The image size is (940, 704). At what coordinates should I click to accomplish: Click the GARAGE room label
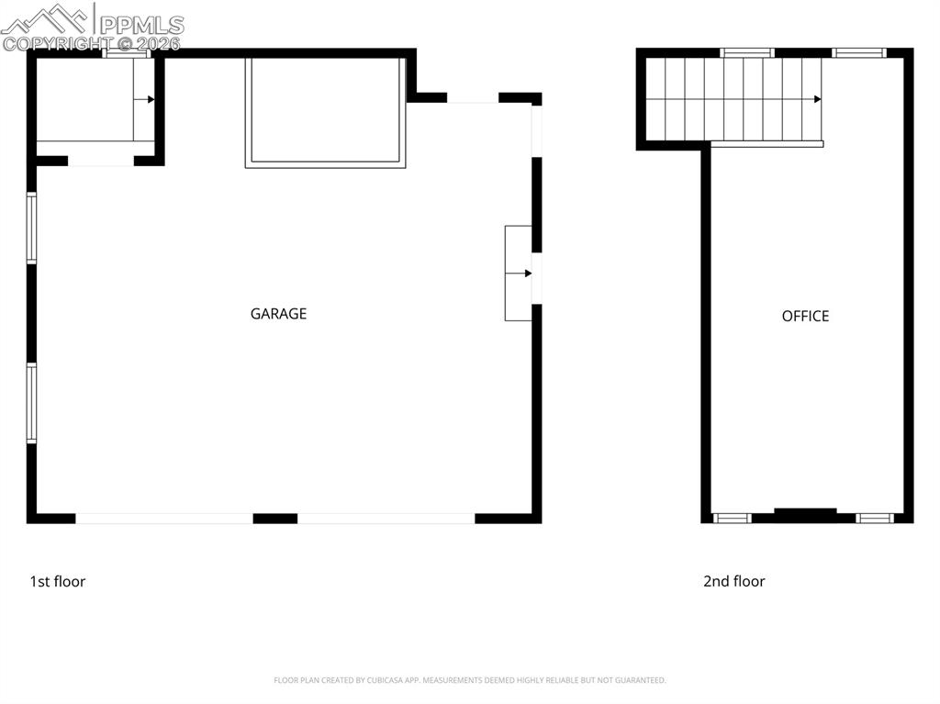(278, 314)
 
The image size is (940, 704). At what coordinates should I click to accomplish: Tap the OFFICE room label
(805, 317)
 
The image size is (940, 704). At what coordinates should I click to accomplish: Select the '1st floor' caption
(58, 581)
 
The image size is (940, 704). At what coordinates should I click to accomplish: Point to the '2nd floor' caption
(733, 581)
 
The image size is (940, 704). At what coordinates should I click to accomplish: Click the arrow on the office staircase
(816, 99)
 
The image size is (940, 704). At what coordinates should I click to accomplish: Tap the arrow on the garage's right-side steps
(527, 274)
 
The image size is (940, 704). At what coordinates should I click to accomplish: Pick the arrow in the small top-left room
(150, 99)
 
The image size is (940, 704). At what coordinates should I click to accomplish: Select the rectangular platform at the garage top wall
(325, 111)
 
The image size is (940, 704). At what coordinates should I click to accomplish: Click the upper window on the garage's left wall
(31, 228)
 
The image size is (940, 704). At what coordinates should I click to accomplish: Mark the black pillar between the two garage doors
(274, 519)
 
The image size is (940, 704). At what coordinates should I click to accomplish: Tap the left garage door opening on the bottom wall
(163, 519)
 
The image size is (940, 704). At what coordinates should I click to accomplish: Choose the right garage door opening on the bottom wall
(386, 519)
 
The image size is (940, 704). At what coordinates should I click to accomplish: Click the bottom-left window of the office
(733, 519)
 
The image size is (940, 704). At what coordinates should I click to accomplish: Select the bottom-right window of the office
(874, 519)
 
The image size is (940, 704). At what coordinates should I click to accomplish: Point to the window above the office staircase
(746, 52)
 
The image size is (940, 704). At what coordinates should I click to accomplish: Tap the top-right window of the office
(859, 52)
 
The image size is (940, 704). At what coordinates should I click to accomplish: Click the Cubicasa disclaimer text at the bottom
(469, 680)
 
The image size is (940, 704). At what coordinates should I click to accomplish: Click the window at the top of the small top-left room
(126, 53)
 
